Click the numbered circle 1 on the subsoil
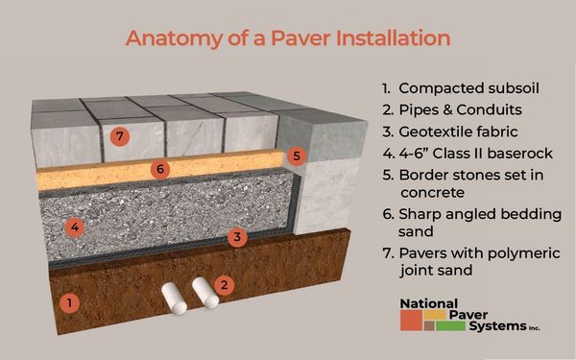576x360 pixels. pos(69,303)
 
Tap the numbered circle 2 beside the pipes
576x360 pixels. pos(224,285)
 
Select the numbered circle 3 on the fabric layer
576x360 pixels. pos(237,237)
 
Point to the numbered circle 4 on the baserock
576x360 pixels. pos(75,228)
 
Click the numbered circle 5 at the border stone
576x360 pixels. pos(297,156)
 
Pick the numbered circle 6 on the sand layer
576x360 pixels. pos(160,169)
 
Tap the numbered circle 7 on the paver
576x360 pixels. pos(120,136)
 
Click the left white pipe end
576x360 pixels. pos(180,308)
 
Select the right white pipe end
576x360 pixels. pos(211,302)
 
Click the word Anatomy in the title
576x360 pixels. pos(174,38)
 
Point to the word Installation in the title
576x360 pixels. pos(394,37)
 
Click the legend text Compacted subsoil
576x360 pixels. pos(468,88)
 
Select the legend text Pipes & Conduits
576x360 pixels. pos(460,109)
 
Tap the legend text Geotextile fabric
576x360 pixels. pos(458,132)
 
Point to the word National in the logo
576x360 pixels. pos(429,303)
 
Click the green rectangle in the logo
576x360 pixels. pos(450,325)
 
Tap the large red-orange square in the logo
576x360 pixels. pos(411,321)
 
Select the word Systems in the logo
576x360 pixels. pos(497,326)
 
